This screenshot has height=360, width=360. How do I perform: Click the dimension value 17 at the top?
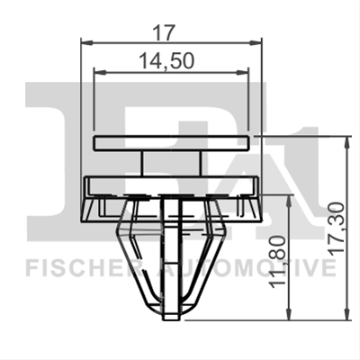click(x=164, y=32)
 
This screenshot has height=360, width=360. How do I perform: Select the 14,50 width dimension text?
click(x=167, y=61)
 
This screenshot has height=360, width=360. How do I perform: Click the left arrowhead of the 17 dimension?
click(x=86, y=43)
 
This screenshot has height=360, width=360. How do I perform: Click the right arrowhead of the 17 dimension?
click(x=256, y=43)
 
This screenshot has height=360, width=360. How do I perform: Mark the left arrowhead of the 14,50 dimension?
click(x=100, y=72)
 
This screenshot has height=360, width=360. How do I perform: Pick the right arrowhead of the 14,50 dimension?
click(x=243, y=72)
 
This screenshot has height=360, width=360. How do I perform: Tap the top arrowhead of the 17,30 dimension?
click(x=347, y=141)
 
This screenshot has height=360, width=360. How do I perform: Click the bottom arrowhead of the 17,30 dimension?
click(x=347, y=314)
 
